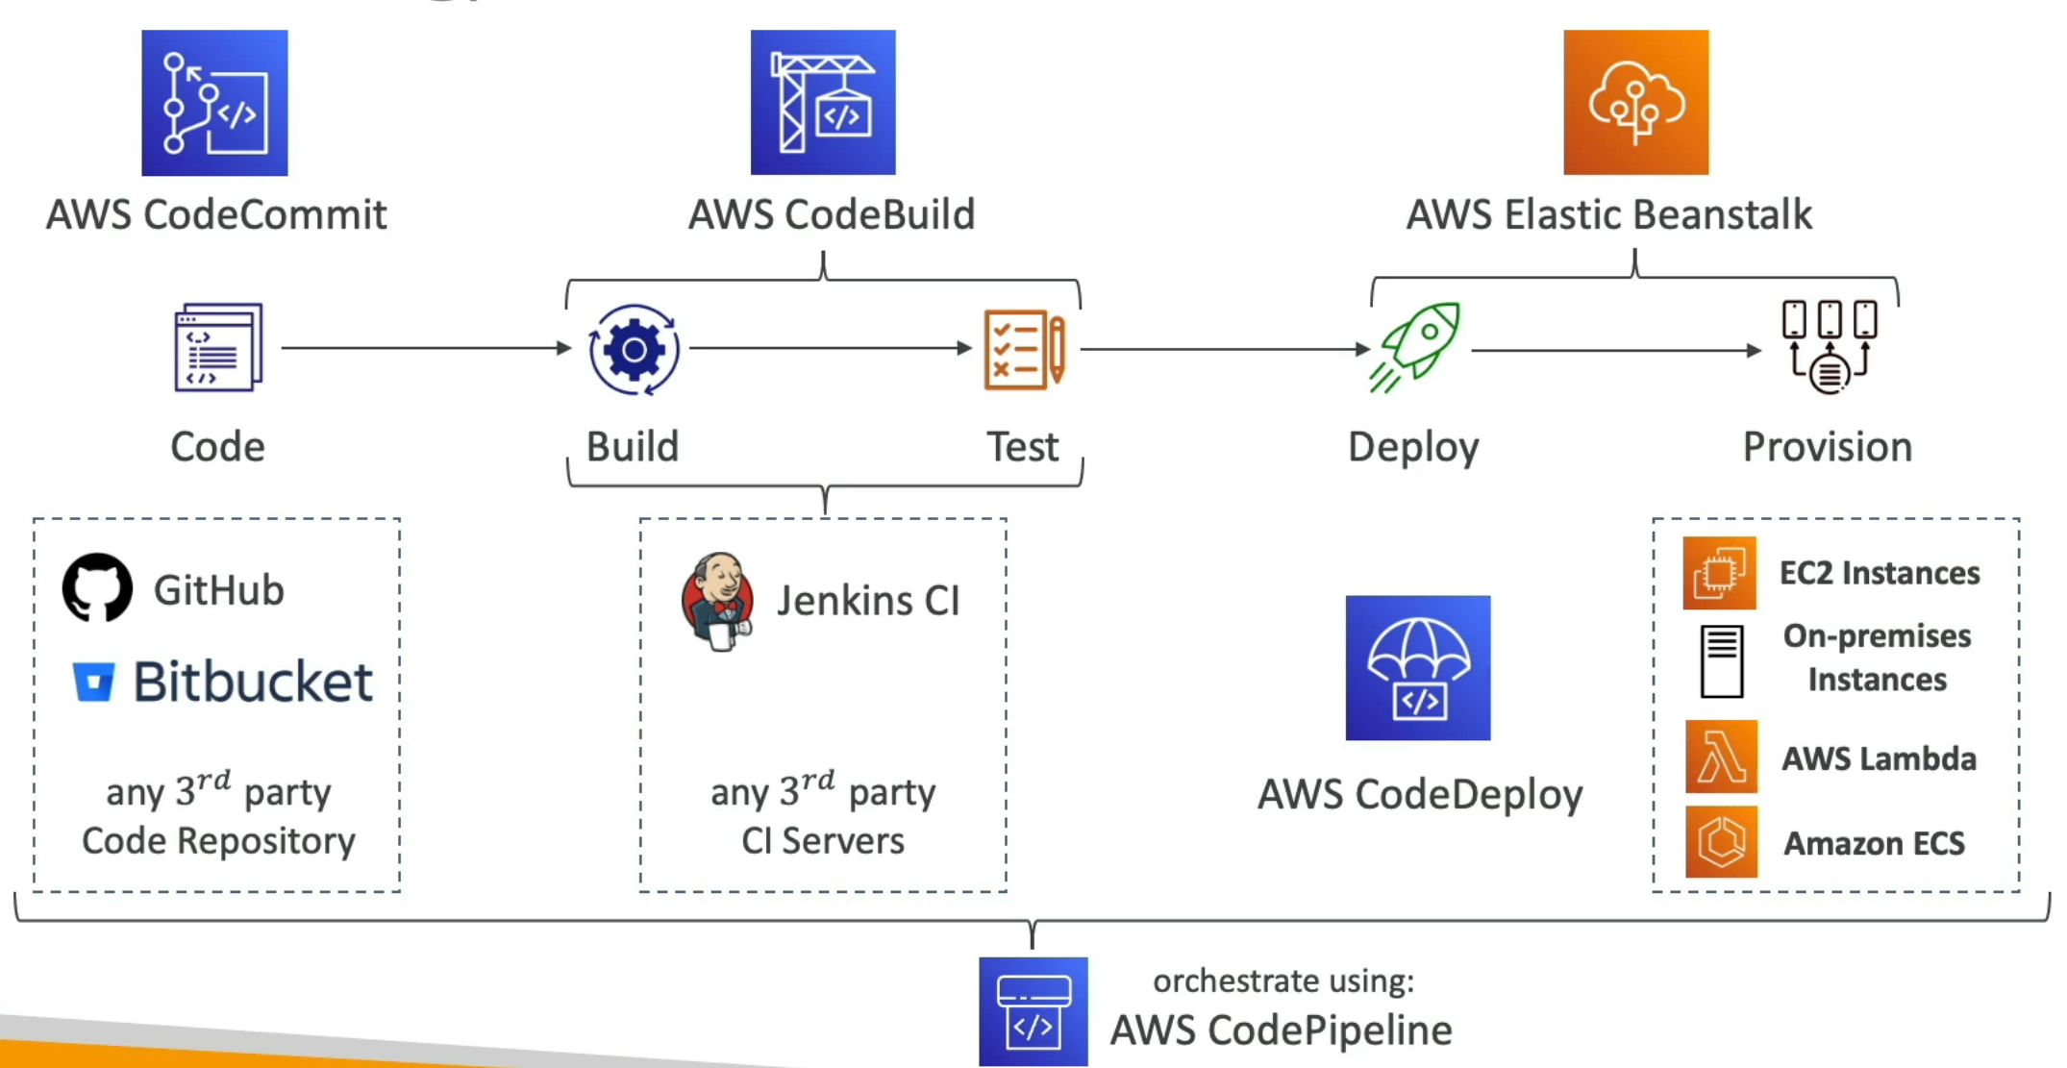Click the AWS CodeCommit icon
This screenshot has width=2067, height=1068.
pyautogui.click(x=214, y=103)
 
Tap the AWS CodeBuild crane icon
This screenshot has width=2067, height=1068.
pyautogui.click(x=823, y=103)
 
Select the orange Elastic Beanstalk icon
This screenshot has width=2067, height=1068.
pyautogui.click(x=1635, y=103)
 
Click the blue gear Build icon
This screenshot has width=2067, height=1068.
pyautogui.click(x=634, y=350)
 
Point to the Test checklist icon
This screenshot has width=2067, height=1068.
pyautogui.click(x=1024, y=349)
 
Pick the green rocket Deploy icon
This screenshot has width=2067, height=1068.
pyautogui.click(x=1414, y=347)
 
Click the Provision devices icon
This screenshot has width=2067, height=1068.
pyautogui.click(x=1829, y=347)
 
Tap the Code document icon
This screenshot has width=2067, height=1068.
pyautogui.click(x=218, y=347)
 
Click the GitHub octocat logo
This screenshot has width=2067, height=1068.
pyautogui.click(x=97, y=587)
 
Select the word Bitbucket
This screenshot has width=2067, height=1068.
pyautogui.click(x=253, y=682)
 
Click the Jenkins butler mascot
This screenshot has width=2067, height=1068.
pyautogui.click(x=716, y=602)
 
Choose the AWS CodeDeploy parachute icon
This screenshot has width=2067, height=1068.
pyautogui.click(x=1418, y=668)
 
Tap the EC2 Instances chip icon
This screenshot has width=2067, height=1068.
pyautogui.click(x=1719, y=573)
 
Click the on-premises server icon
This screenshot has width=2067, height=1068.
pyautogui.click(x=1721, y=661)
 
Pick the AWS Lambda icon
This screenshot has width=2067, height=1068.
pyautogui.click(x=1721, y=757)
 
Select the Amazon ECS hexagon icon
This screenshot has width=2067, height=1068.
pyautogui.click(x=1721, y=842)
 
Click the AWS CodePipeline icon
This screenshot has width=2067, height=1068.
pyautogui.click(x=1033, y=1011)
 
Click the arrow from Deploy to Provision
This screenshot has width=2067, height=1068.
pyautogui.click(x=1616, y=351)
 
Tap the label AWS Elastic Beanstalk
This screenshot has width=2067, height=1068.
pyautogui.click(x=1609, y=214)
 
